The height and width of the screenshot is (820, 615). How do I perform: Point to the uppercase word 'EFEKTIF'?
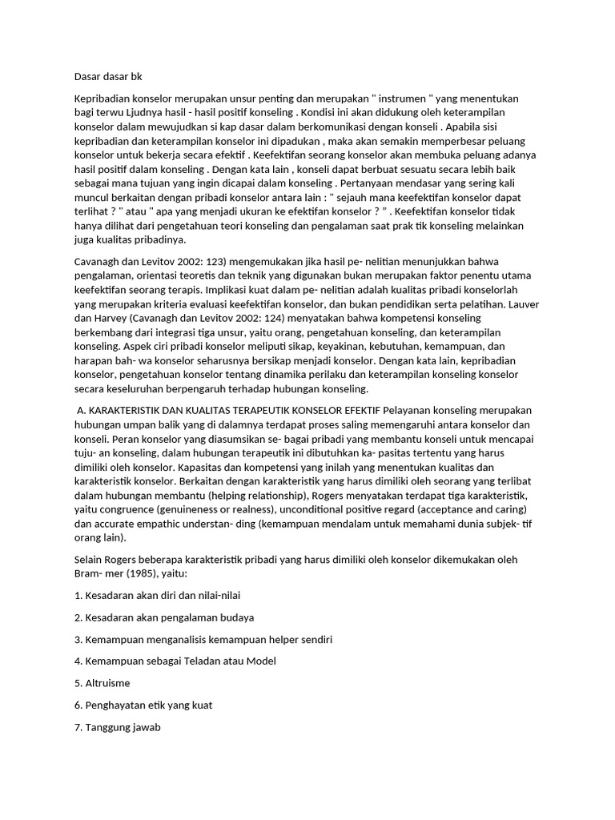pos(360,409)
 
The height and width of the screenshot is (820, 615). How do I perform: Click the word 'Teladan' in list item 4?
pos(211,661)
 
